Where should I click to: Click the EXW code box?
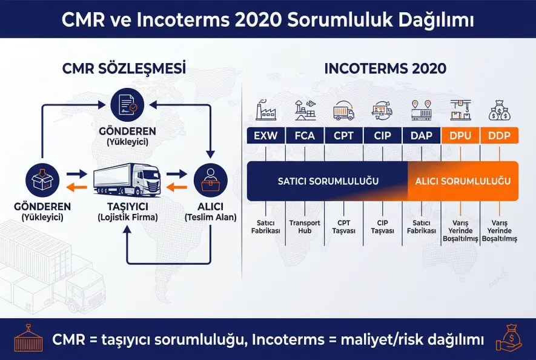coord(266,136)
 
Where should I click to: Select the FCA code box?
coord(305,136)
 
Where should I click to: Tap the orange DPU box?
coord(460,136)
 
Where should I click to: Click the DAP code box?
coord(422,136)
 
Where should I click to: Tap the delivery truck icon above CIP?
coord(383,111)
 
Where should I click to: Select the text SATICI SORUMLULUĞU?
coord(328,181)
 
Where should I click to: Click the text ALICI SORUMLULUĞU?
coord(462,181)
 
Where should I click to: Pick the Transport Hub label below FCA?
coord(305,227)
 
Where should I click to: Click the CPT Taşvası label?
coord(344,227)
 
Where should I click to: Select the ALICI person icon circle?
coord(210,180)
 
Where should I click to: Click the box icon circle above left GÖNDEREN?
coord(42,180)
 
